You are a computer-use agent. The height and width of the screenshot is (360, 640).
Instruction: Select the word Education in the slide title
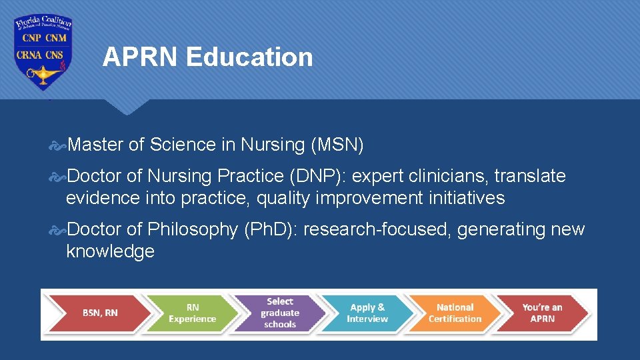249,57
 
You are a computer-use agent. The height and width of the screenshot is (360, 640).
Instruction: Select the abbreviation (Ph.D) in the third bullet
273,229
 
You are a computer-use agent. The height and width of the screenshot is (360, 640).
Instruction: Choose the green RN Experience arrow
192,313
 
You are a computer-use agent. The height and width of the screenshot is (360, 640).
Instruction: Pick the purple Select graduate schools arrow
280,313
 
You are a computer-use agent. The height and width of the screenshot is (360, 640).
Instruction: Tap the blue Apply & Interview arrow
367,313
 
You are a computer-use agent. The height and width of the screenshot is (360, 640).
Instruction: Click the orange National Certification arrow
455,313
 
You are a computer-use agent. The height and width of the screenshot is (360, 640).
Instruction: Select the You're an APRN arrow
542,313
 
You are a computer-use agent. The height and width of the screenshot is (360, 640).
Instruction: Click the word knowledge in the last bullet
110,251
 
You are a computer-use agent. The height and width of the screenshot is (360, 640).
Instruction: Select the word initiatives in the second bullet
467,198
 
